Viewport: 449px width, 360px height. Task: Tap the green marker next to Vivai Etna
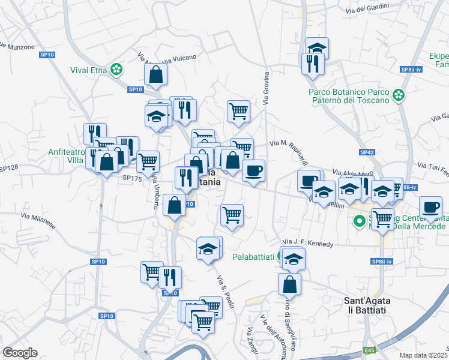click(x=119, y=70)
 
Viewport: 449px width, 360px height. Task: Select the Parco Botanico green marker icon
click(x=398, y=95)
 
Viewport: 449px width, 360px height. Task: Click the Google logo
click(x=20, y=353)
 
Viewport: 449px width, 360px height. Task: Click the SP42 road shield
click(x=367, y=152)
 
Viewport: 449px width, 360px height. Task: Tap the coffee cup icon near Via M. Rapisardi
click(x=253, y=170)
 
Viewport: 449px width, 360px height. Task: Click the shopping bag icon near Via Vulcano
click(x=155, y=74)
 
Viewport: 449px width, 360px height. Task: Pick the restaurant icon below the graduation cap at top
click(x=313, y=63)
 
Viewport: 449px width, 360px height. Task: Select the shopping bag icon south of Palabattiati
click(x=290, y=283)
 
